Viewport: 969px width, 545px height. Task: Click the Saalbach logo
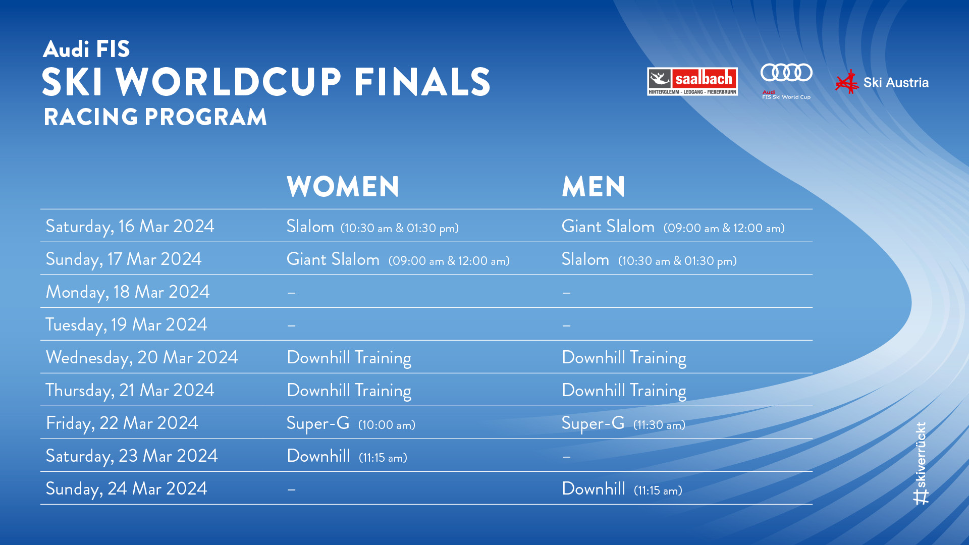tap(692, 81)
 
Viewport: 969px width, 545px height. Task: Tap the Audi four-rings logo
tap(786, 73)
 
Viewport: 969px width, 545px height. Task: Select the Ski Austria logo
tap(882, 82)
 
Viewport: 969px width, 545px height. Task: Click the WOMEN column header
tap(343, 187)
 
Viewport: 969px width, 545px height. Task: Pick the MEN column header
tap(594, 187)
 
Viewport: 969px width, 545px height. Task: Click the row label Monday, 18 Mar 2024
tap(128, 292)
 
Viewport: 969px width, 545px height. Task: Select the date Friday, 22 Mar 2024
tap(122, 423)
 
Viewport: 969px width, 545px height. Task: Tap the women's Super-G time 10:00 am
tap(387, 425)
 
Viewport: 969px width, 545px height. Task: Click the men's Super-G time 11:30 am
tap(659, 425)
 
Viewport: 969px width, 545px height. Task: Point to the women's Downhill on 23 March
tap(318, 456)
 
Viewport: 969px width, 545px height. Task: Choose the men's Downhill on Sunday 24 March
tap(594, 489)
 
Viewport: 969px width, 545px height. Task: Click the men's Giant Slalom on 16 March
tap(608, 227)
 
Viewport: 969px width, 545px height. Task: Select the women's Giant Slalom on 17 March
tap(333, 259)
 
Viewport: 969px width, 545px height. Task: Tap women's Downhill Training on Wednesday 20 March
tap(349, 358)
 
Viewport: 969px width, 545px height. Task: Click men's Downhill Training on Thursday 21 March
tap(624, 391)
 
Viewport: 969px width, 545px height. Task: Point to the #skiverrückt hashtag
tap(921, 463)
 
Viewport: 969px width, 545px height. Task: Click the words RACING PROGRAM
tap(155, 117)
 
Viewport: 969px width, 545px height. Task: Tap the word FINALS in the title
tap(422, 82)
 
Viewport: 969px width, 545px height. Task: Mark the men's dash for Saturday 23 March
tap(567, 457)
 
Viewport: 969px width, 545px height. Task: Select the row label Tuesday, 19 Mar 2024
tap(126, 324)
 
